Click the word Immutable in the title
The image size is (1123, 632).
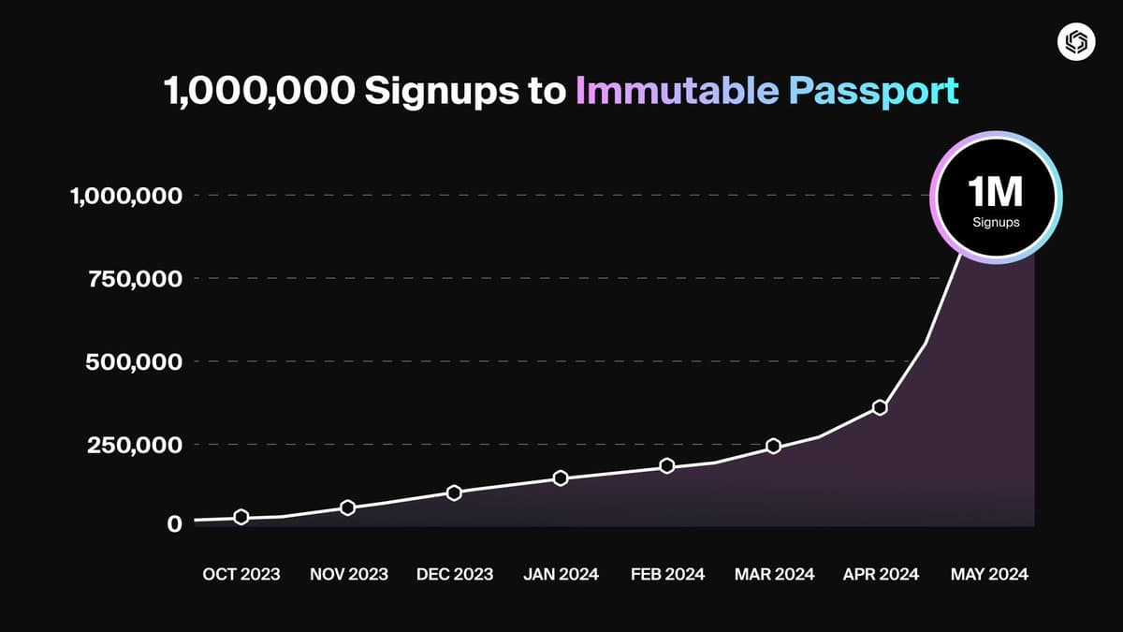point(677,91)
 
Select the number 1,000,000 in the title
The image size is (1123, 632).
point(258,91)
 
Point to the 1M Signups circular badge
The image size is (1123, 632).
point(995,198)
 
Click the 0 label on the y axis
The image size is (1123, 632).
point(174,523)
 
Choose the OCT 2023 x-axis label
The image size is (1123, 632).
point(241,574)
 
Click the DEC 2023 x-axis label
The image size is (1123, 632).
point(454,574)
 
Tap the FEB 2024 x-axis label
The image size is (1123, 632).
point(666,574)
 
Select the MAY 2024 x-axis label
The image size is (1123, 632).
point(988,574)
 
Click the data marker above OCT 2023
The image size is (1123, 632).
point(241,517)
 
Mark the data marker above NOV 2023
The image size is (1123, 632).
point(347,507)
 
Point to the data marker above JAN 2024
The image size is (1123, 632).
point(561,478)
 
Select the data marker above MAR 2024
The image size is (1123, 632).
point(773,446)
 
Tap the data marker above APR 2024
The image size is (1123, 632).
point(880,407)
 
